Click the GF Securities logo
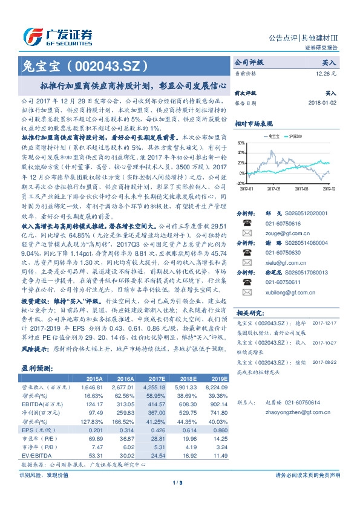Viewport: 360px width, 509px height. pos(57,36)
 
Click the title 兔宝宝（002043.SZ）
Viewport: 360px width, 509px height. pos(85,63)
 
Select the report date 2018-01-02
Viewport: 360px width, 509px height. pos(322,103)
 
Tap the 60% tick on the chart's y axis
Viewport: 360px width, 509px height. pos(240,143)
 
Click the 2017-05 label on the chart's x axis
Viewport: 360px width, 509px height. pos(277,188)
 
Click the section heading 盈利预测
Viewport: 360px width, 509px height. pos(35,368)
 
